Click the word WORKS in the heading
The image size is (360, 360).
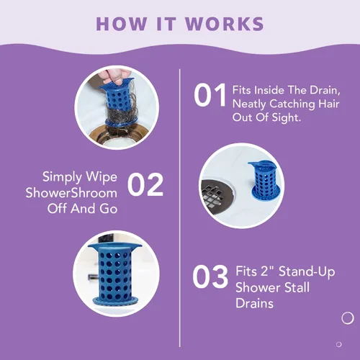tap(224, 24)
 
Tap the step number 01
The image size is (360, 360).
tap(210, 95)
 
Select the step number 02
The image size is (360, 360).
tap(145, 184)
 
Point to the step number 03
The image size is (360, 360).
tap(210, 276)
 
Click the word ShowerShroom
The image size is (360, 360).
tap(71, 193)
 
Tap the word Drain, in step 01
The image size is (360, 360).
tap(325, 91)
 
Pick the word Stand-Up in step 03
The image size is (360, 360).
tap(307, 272)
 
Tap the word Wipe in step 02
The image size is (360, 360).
tap(102, 178)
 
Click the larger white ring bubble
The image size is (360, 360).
tap(348, 318)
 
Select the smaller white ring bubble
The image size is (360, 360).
tap(339, 344)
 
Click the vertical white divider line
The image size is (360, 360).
tap(180, 208)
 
